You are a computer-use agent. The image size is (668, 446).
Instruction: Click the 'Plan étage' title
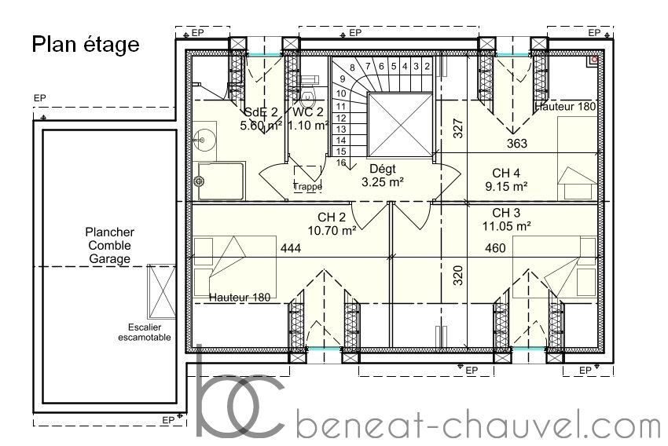[x=86, y=45]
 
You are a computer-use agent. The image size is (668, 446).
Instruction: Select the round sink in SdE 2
[x=201, y=139]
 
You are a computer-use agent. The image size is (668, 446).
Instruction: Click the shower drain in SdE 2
[x=199, y=181]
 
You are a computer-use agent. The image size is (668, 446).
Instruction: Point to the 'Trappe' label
[x=307, y=186]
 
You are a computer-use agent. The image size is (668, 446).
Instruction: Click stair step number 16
[x=341, y=163]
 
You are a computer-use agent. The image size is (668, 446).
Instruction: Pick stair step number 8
[x=352, y=68]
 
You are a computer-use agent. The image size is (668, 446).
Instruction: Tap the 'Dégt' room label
[x=383, y=169]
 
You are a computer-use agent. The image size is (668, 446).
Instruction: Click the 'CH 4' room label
[x=506, y=173]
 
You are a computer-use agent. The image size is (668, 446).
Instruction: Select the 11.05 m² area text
[x=507, y=226]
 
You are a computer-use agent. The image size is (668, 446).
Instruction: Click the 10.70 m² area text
[x=332, y=231]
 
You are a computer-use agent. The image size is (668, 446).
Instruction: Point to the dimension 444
[x=291, y=248]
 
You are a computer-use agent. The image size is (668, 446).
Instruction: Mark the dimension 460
[x=495, y=247]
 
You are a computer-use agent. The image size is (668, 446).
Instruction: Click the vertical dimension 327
[x=458, y=128]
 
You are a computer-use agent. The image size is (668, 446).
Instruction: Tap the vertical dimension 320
[x=458, y=276]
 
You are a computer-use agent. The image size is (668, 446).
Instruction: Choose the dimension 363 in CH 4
[x=517, y=144]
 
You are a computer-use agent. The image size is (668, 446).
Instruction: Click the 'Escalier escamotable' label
[x=145, y=332]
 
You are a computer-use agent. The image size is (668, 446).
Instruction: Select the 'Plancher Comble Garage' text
[x=110, y=246]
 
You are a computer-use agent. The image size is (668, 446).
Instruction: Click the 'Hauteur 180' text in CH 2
[x=240, y=298]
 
